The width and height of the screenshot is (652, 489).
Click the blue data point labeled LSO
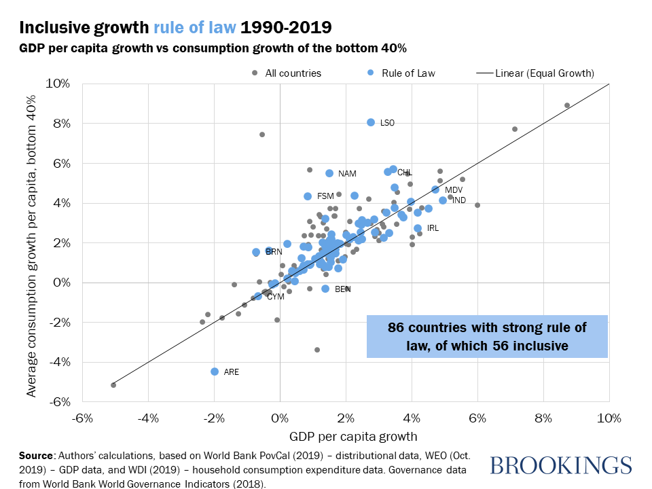371,122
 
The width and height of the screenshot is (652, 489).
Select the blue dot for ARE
215,372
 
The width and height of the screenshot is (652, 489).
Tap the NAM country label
347,174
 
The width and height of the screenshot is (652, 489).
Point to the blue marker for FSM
308,196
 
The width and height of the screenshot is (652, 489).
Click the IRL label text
433,228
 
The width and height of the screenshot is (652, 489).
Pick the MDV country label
454,190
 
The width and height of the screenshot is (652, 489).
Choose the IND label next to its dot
459,200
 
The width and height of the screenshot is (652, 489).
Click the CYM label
275,297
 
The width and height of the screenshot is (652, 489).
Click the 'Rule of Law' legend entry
408,73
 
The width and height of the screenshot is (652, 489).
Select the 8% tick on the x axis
543,418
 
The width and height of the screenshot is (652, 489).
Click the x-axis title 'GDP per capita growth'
346,436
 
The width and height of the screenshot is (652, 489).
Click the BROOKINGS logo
560,466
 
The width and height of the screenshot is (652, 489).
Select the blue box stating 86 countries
486,336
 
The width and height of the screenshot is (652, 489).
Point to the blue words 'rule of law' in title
195,28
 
